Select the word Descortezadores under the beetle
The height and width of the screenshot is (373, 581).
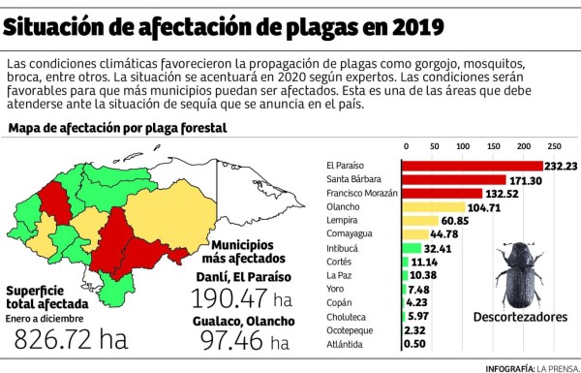tap(519, 316)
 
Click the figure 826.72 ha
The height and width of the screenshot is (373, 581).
tap(70, 339)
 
